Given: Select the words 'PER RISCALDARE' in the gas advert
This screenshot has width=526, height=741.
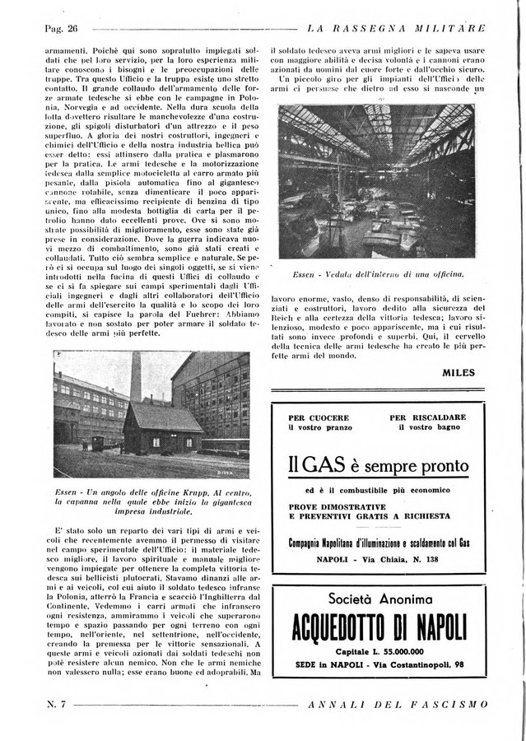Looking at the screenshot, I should tap(428, 417).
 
